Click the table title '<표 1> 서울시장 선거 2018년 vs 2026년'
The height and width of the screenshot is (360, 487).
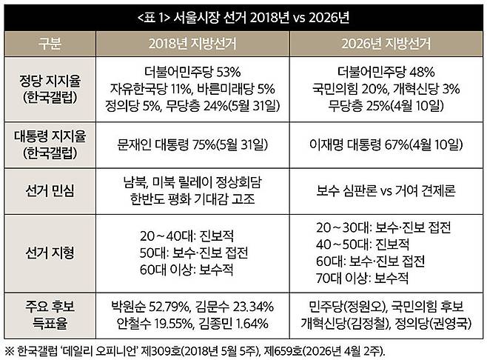coord(243,16)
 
